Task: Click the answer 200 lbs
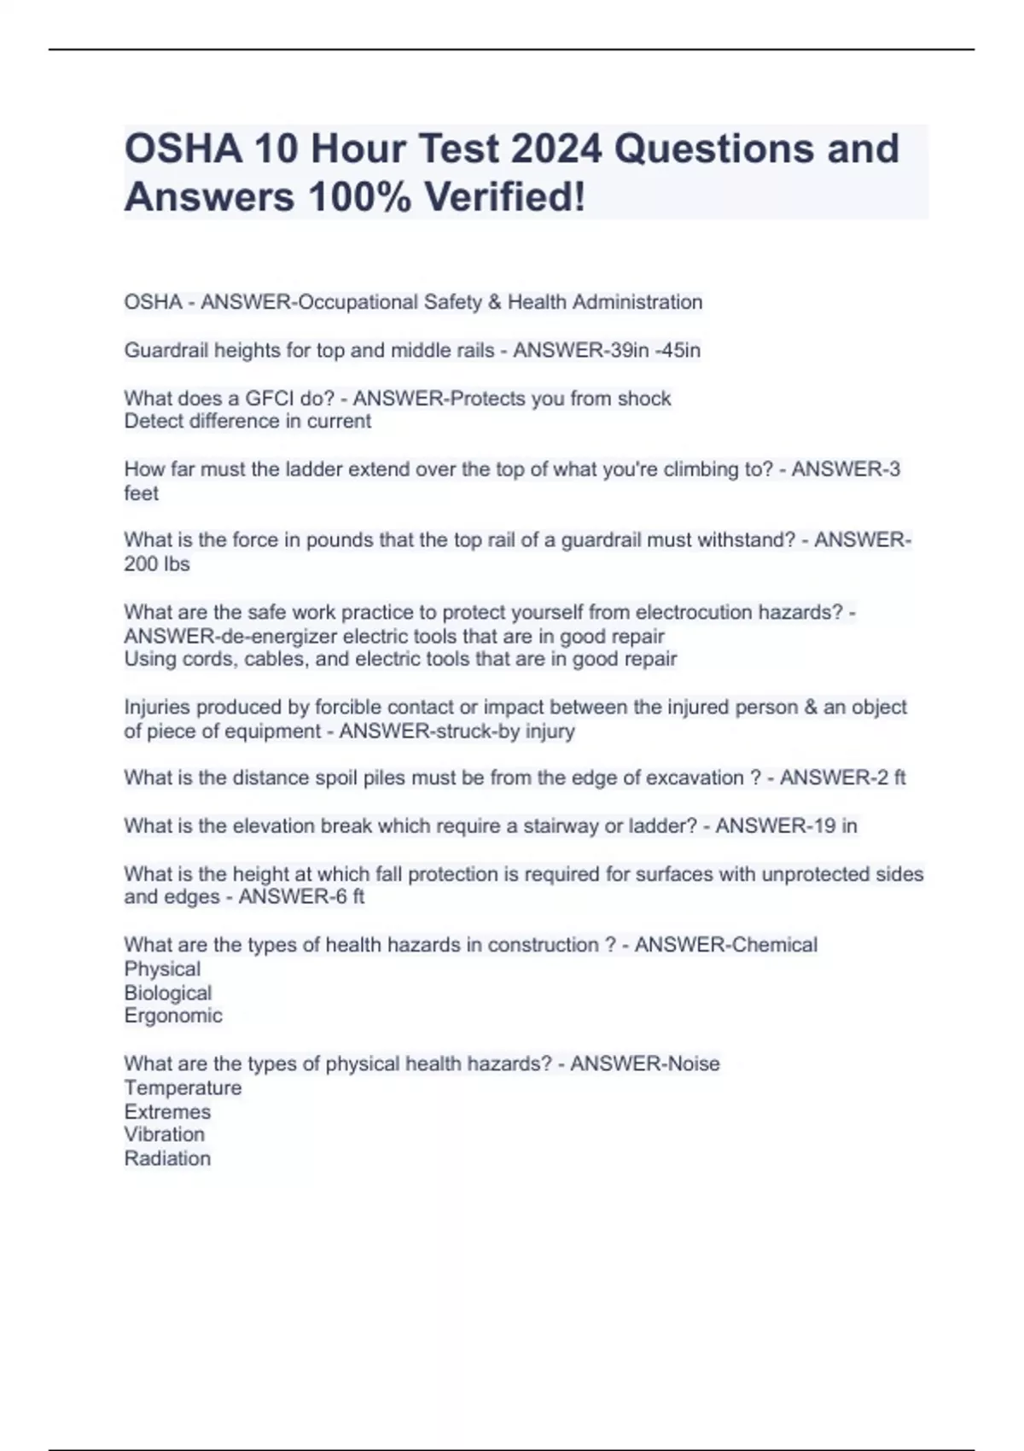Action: click(157, 564)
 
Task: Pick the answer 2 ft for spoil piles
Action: click(889, 778)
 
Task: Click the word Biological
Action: click(168, 993)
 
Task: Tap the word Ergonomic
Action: click(173, 1016)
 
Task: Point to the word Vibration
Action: click(165, 1134)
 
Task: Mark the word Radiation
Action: click(167, 1158)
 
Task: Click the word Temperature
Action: click(183, 1087)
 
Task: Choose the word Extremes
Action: click(167, 1111)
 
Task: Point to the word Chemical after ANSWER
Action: click(776, 945)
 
